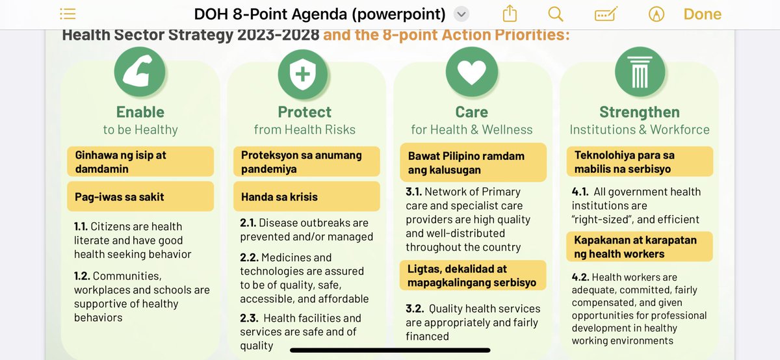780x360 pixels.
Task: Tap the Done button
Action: (702, 14)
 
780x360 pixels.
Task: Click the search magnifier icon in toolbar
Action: (556, 14)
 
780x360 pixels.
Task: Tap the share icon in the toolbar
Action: (510, 14)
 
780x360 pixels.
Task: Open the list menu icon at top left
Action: (68, 14)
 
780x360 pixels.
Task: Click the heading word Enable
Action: (140, 112)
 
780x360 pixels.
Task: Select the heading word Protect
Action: (304, 112)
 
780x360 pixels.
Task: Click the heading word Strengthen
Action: (640, 112)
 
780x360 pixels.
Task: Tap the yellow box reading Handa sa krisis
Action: (306, 196)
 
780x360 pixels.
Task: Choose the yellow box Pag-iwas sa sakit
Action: (140, 196)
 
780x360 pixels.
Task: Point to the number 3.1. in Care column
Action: (414, 192)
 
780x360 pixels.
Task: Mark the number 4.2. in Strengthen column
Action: (580, 277)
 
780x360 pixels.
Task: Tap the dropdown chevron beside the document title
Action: (461, 14)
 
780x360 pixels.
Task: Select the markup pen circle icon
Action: (656, 14)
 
